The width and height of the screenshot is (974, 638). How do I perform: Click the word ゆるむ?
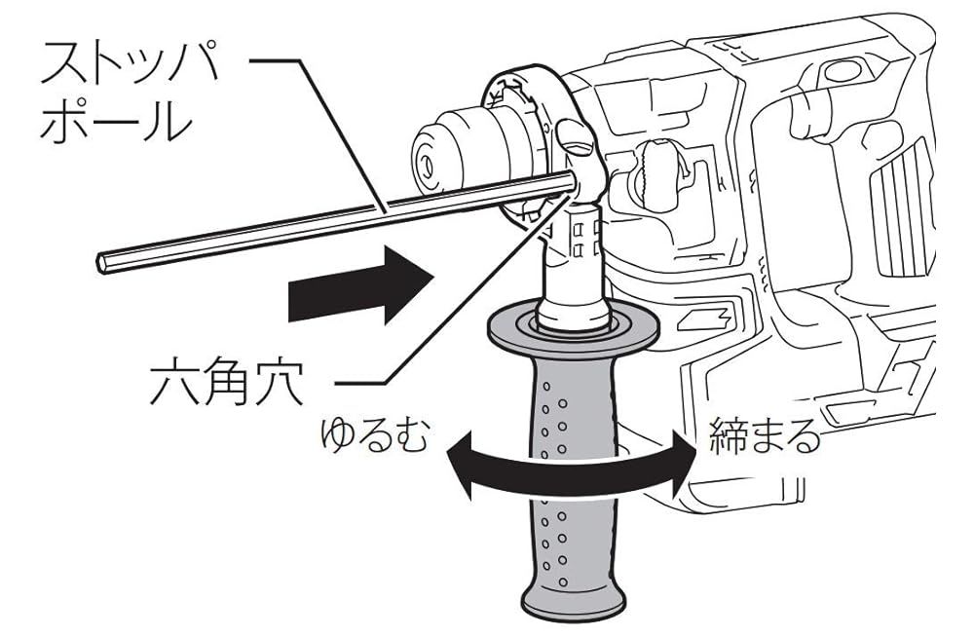[x=375, y=435]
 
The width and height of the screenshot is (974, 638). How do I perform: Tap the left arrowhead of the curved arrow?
[x=458, y=458]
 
